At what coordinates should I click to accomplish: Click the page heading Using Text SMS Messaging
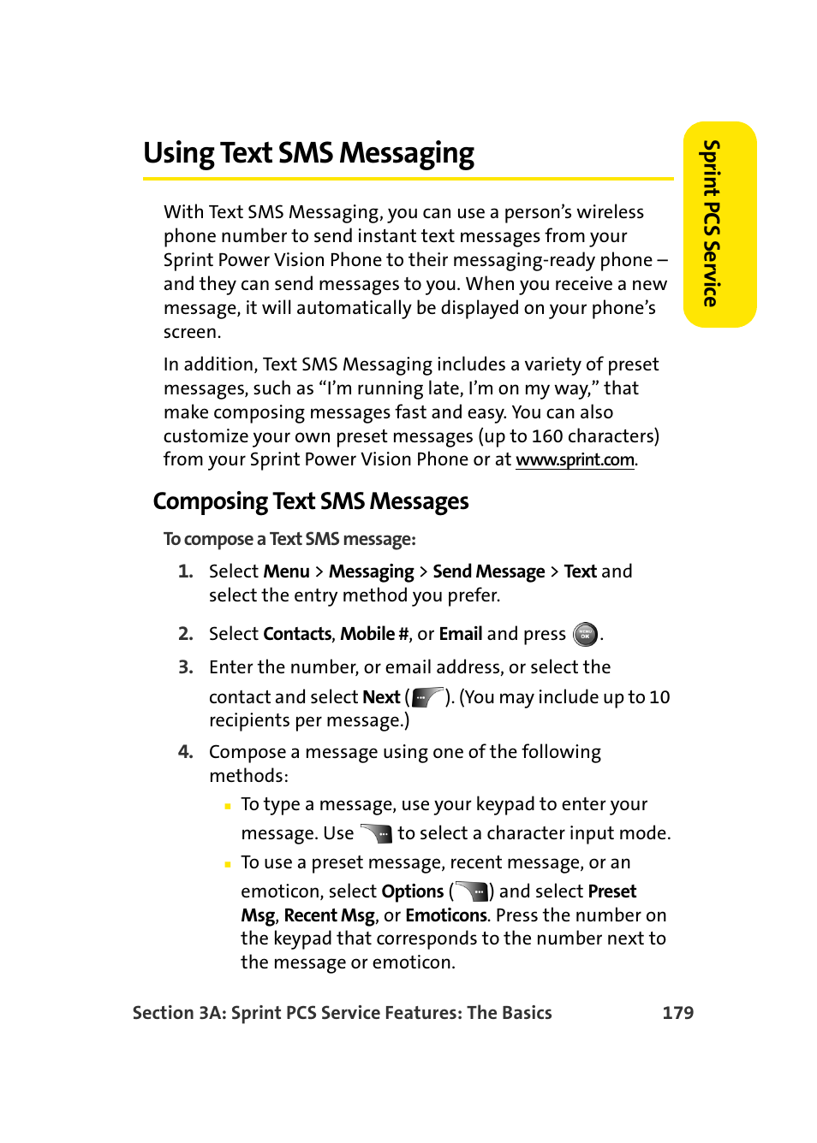click(308, 153)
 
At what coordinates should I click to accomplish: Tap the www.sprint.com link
click(575, 459)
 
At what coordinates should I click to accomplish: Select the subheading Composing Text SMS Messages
click(311, 501)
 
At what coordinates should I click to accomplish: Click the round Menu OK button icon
click(585, 634)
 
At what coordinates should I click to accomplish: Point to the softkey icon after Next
click(427, 697)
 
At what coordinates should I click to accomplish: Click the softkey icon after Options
click(472, 891)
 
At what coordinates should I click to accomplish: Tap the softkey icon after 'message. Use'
click(376, 833)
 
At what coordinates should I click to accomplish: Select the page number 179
click(677, 1013)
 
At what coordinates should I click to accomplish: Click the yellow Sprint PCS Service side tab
click(719, 224)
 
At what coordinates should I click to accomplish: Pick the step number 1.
click(185, 571)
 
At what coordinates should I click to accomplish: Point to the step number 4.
click(185, 752)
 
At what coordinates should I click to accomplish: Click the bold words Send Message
click(488, 571)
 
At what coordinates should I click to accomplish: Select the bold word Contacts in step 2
click(297, 634)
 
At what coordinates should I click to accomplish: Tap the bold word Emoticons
click(446, 915)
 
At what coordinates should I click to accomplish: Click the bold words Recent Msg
click(330, 915)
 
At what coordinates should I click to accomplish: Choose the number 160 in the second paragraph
click(547, 436)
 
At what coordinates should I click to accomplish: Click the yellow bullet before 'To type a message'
click(228, 806)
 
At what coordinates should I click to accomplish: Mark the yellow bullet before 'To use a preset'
click(228, 864)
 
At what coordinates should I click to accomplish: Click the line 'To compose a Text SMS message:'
click(289, 539)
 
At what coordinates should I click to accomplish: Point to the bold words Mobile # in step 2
click(374, 634)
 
